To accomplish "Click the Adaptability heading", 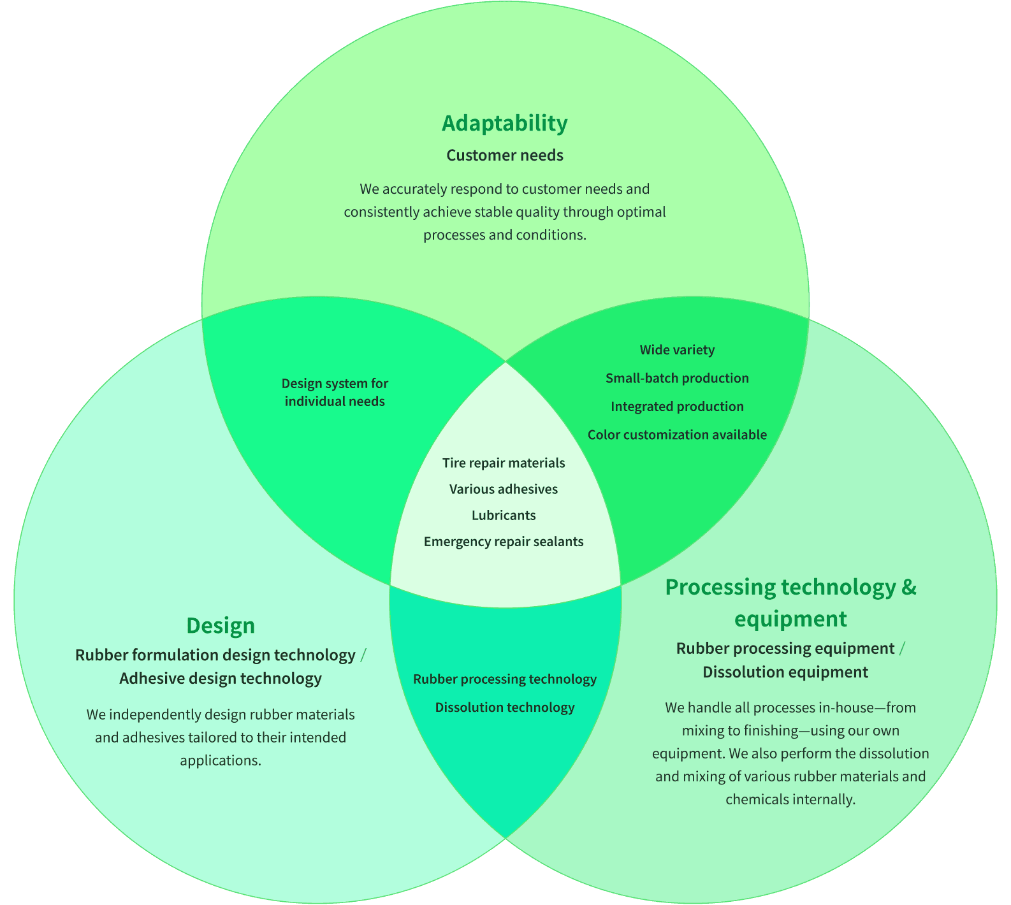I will (x=504, y=123).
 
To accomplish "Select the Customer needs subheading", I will (x=504, y=156).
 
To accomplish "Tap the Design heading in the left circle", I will (x=221, y=625).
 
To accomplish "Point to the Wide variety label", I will (x=677, y=350).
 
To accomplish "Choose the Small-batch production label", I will (x=677, y=378).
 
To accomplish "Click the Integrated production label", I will (x=677, y=407).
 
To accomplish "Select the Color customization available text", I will (x=677, y=435).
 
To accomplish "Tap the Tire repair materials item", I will (x=504, y=463).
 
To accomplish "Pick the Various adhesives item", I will (x=504, y=489).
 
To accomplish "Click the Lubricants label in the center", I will (x=504, y=515).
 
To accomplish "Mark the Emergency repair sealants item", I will (x=504, y=542).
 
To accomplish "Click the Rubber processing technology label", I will (x=505, y=679).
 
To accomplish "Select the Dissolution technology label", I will (x=505, y=707).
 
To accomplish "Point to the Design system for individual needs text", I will (x=335, y=392).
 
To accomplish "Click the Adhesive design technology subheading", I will (x=221, y=678).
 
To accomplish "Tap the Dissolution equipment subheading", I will (x=785, y=672).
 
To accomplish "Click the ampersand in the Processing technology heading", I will (x=909, y=587).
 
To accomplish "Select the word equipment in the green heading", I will (x=790, y=619).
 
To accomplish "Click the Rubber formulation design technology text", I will (x=215, y=655).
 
